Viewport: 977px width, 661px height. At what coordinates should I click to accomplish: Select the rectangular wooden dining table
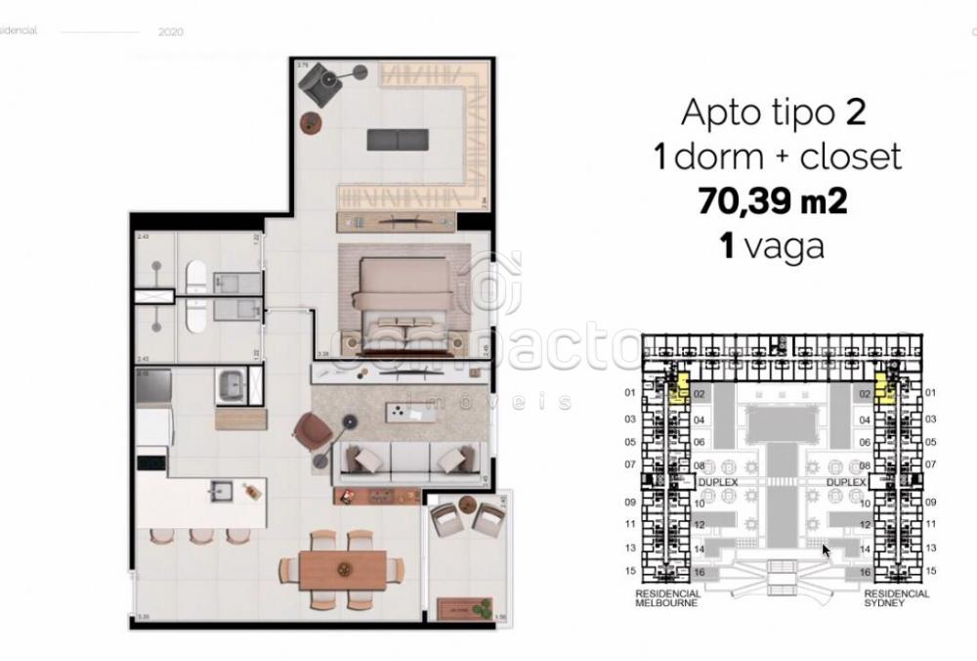click(x=343, y=568)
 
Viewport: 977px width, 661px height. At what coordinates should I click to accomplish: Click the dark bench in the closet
click(x=397, y=140)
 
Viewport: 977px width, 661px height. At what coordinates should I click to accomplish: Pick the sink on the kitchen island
click(x=220, y=489)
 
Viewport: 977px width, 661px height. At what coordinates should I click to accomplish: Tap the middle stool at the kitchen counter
click(x=200, y=536)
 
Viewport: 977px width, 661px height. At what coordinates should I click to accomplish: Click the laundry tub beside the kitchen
click(x=233, y=385)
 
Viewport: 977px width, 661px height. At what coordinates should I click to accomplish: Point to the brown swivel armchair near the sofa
click(x=314, y=431)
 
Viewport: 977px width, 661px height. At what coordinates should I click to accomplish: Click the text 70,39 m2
click(x=771, y=200)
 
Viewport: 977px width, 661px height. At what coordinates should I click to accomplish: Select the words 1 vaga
click(x=771, y=245)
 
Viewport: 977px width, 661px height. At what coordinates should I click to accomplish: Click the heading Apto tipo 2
click(x=772, y=112)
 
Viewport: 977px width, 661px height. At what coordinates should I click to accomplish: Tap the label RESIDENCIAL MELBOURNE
click(x=667, y=598)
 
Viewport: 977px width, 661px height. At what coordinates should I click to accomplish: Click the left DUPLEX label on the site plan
click(x=717, y=483)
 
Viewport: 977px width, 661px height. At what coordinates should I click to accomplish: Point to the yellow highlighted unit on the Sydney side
click(x=885, y=388)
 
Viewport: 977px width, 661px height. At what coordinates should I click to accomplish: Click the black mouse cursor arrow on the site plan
click(x=826, y=551)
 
